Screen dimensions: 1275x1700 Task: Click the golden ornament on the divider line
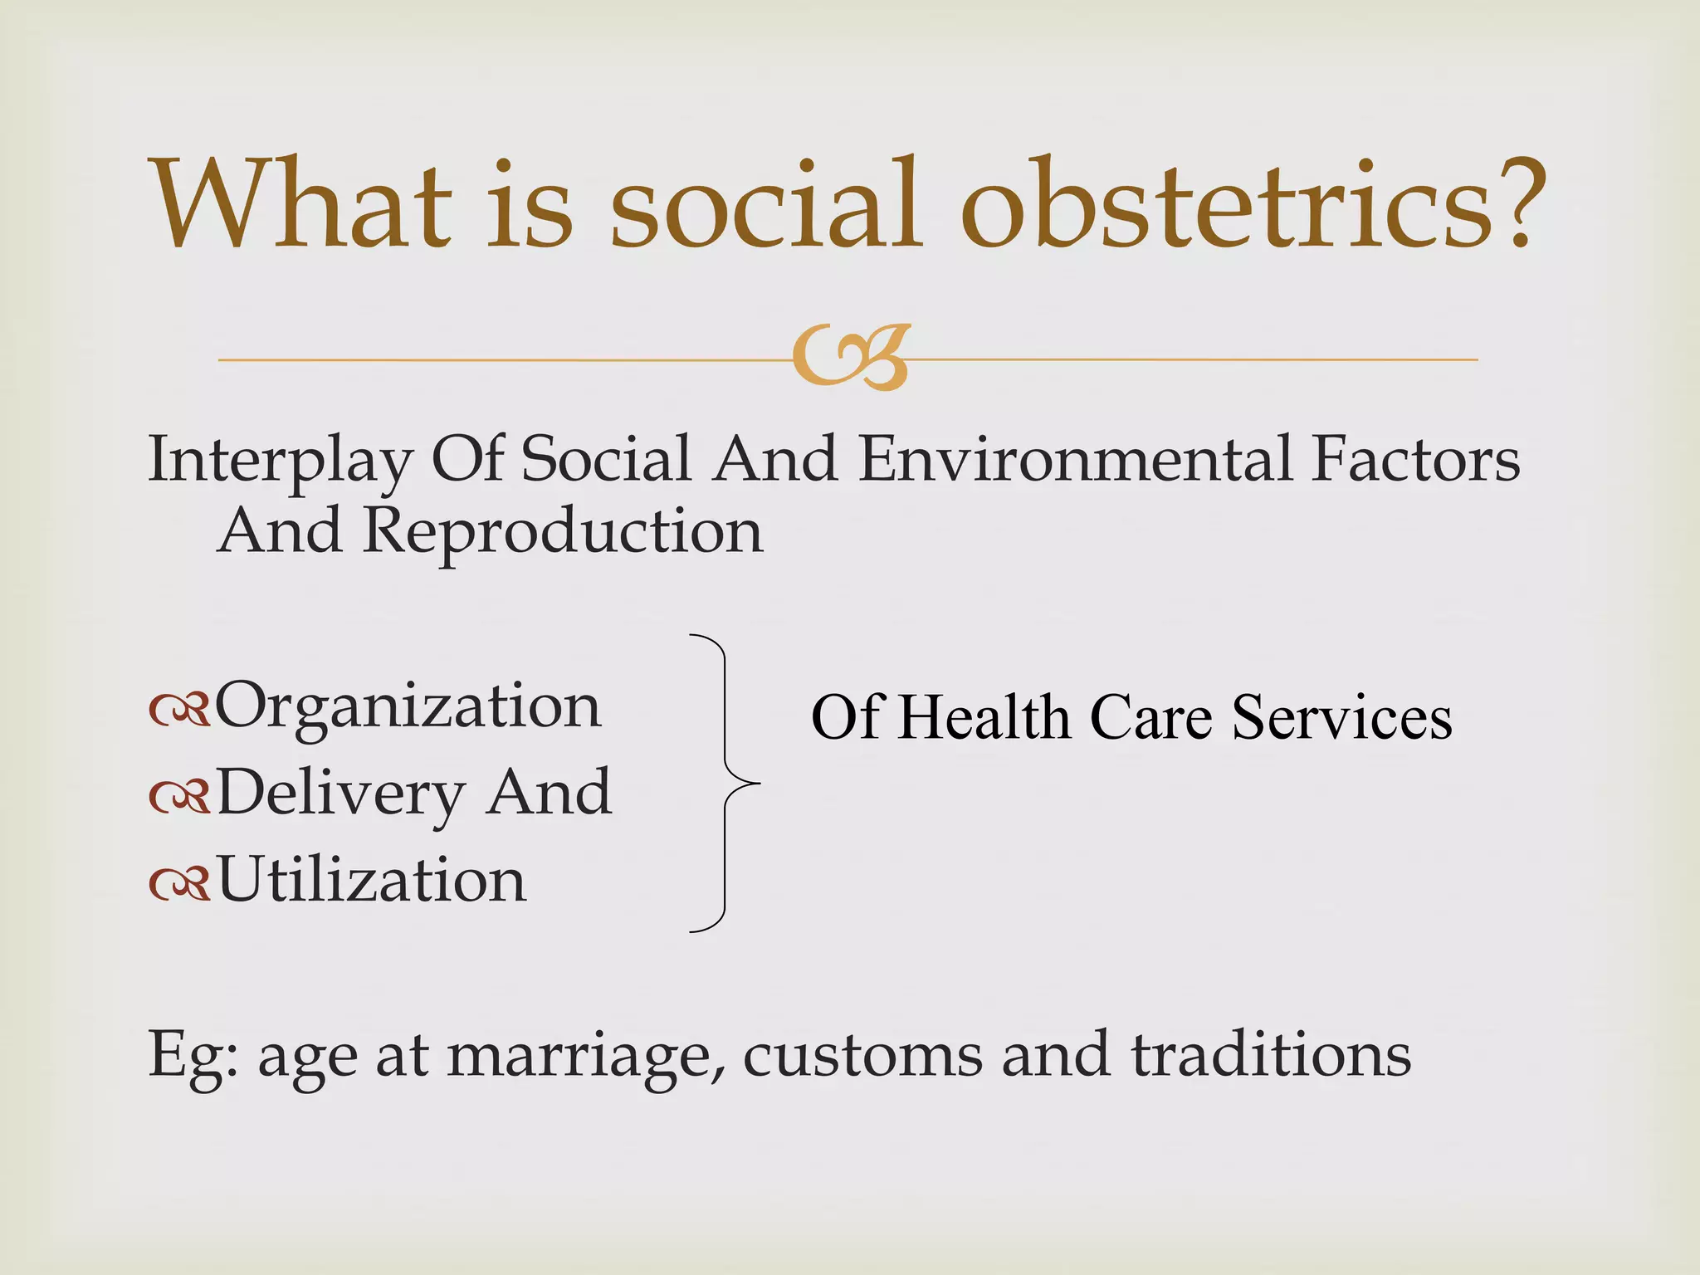click(x=851, y=358)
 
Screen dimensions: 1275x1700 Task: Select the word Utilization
click(x=371, y=881)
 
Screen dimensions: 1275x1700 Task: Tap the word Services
click(x=1341, y=717)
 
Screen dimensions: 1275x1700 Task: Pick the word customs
click(x=862, y=1056)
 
